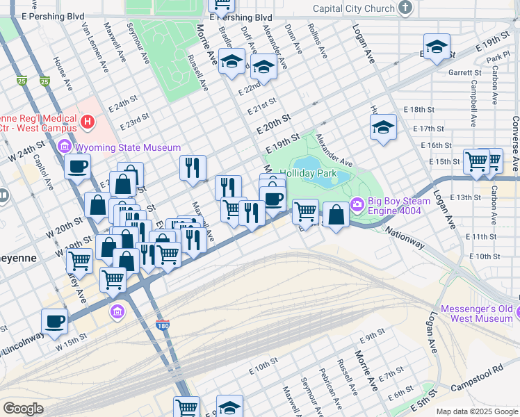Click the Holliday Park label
pyautogui.click(x=308, y=172)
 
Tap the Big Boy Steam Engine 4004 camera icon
pyautogui.click(x=357, y=204)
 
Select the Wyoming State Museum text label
pyautogui.click(x=127, y=147)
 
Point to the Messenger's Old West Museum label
pyautogui.click(x=476, y=313)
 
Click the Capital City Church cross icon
pyautogui.click(x=406, y=8)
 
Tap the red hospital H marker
pyautogui.click(x=87, y=123)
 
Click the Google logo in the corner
pyautogui.click(x=23, y=408)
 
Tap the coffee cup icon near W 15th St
pyautogui.click(x=54, y=321)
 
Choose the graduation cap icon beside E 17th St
pyautogui.click(x=382, y=128)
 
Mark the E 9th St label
pyautogui.click(x=373, y=338)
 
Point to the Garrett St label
pyautogui.click(x=465, y=72)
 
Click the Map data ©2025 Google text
pyautogui.click(x=477, y=411)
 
